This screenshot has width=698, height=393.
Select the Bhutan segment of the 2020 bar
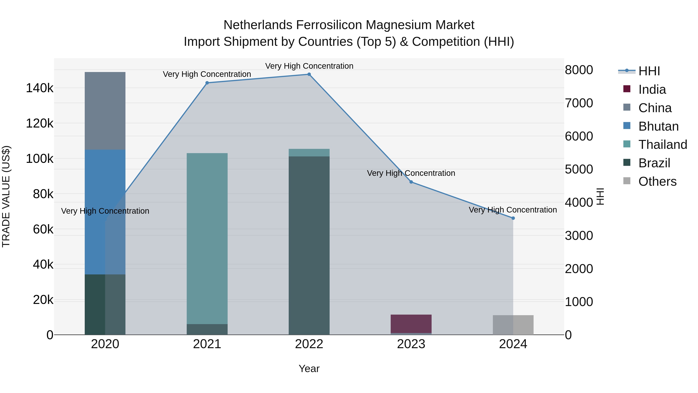(x=105, y=212)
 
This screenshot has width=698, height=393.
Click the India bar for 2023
(x=411, y=324)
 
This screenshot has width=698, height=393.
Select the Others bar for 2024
(x=513, y=325)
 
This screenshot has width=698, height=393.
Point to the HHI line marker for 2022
(x=309, y=74)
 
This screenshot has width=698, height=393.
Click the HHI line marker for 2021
(x=207, y=83)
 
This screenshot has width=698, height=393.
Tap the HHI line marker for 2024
(x=513, y=218)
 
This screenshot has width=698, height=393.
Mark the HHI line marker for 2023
(x=411, y=182)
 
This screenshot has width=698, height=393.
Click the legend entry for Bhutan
(x=658, y=126)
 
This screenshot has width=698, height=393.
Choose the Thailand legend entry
(x=663, y=145)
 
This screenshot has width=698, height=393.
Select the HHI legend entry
(x=649, y=71)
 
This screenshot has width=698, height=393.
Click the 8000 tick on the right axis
(x=579, y=70)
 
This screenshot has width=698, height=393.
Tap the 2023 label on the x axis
(x=411, y=344)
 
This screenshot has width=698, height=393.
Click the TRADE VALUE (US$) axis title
(x=6, y=196)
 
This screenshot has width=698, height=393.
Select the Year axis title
(x=309, y=369)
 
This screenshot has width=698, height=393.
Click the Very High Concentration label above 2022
(x=309, y=66)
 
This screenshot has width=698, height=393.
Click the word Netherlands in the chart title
(x=258, y=25)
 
